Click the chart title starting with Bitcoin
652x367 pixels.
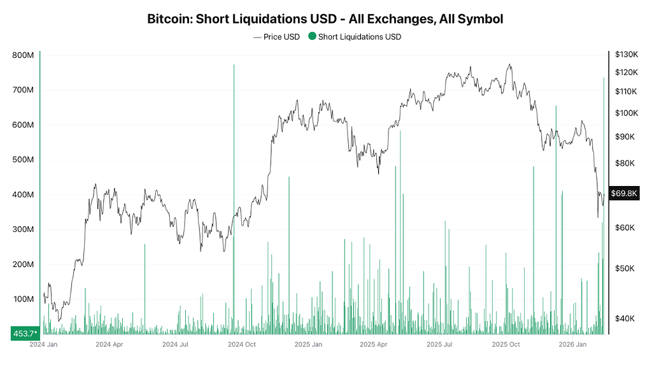pyautogui.click(x=325, y=19)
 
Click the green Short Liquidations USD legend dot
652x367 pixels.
pyautogui.click(x=312, y=37)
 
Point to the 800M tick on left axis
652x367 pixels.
pyautogui.click(x=23, y=55)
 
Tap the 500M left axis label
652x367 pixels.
pyautogui.click(x=23, y=159)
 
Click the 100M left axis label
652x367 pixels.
pyautogui.click(x=23, y=299)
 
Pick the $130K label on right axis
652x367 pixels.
pyautogui.click(x=627, y=54)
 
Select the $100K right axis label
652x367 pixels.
pyautogui.click(x=627, y=113)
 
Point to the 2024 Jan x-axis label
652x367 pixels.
pyautogui.click(x=44, y=345)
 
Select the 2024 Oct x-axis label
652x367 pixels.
pyautogui.click(x=242, y=345)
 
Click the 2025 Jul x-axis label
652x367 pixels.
pyautogui.click(x=439, y=345)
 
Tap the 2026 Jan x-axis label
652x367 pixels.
pyautogui.click(x=572, y=345)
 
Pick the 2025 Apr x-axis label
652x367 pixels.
pyautogui.click(x=374, y=345)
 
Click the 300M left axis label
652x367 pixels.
pyautogui.click(x=23, y=229)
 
